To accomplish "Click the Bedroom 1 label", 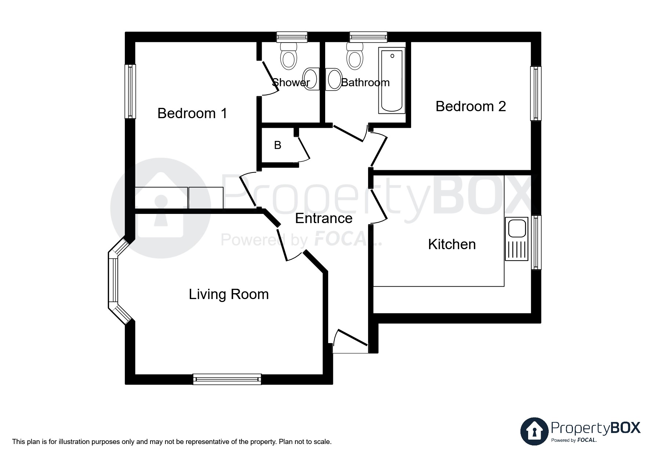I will (192, 113).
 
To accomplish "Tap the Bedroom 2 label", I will (471, 106).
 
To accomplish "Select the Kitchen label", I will (451, 244).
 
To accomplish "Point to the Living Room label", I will (229, 294).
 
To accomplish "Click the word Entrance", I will (324, 218).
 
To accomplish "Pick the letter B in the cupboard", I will (277, 146).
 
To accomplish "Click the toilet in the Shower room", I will (288, 57).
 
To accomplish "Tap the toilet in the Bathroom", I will (355, 57).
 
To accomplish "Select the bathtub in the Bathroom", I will (392, 80).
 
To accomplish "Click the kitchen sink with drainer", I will (516, 239).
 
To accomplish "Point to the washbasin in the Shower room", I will (311, 79).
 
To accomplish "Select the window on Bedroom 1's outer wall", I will (130, 91).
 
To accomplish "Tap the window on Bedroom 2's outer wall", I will (535, 93).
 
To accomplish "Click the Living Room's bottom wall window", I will (227, 379).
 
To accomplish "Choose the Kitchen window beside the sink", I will (536, 243).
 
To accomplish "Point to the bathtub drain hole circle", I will (392, 56).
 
